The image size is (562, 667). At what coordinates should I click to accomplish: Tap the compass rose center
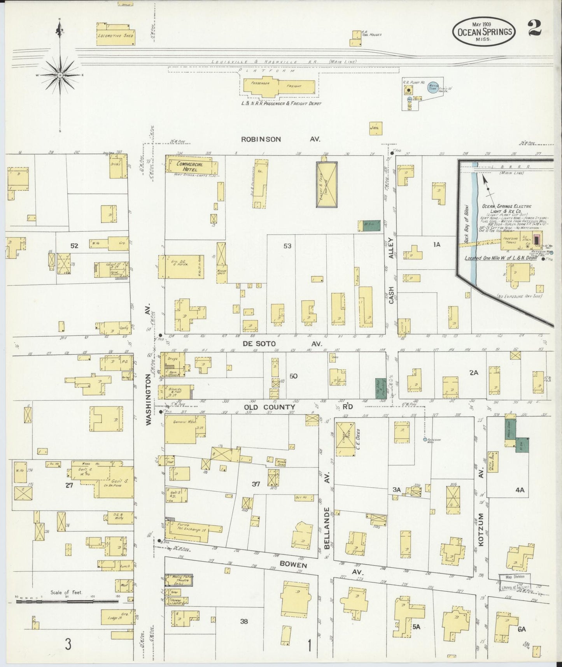tap(60, 74)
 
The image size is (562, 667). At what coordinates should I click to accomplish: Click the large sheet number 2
tap(537, 29)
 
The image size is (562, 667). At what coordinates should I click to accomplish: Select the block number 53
tap(287, 246)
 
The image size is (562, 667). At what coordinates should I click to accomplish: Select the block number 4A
tap(520, 490)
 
